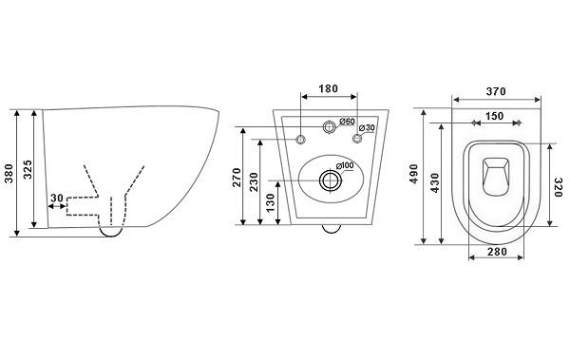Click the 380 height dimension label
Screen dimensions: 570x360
(x=9, y=174)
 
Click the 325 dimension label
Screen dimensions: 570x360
(x=28, y=169)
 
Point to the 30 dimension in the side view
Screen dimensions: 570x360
(x=57, y=199)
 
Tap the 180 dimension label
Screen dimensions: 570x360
(x=329, y=88)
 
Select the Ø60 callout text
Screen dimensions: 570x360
(x=347, y=121)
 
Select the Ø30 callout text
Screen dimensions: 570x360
(x=367, y=127)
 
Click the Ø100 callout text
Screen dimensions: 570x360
(x=345, y=165)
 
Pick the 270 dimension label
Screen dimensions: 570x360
(x=237, y=177)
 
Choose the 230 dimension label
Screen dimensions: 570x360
(x=254, y=181)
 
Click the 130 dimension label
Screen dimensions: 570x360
(x=270, y=203)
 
